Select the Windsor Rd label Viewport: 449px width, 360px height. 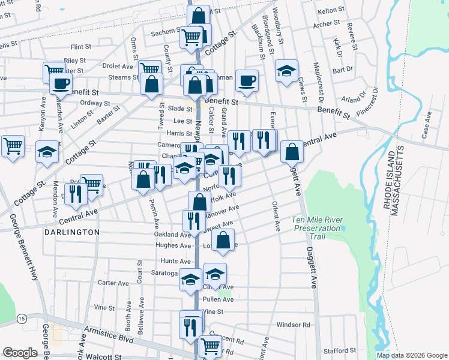click(x=293, y=325)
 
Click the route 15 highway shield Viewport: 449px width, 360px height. click(x=22, y=317)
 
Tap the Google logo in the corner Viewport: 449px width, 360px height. click(x=20, y=353)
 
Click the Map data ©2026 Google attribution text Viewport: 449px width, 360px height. click(x=412, y=355)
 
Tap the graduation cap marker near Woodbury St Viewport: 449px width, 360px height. click(x=287, y=70)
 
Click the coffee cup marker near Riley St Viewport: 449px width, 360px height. click(x=61, y=83)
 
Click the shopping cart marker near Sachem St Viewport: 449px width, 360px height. click(x=192, y=37)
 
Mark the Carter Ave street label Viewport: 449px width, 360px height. click(x=113, y=283)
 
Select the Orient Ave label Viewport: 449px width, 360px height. click(x=277, y=221)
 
